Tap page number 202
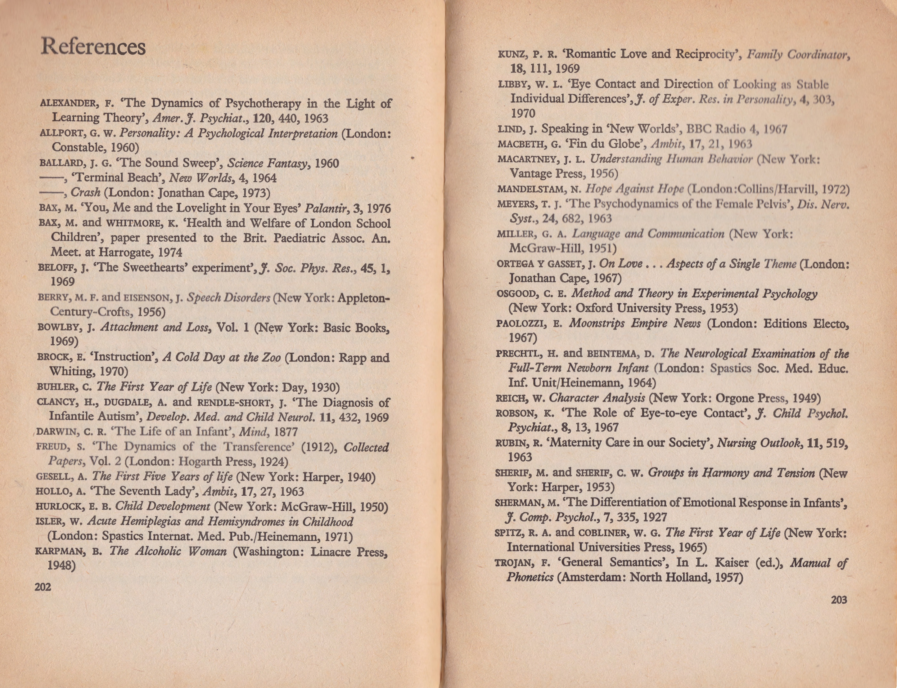click(43, 587)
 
